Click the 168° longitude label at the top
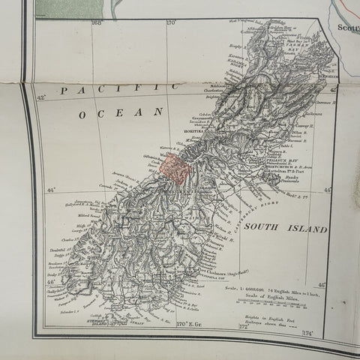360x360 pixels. tap(96, 23)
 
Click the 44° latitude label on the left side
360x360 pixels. tap(49, 192)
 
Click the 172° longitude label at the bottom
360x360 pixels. tap(242, 328)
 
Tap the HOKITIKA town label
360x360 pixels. tap(193, 130)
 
